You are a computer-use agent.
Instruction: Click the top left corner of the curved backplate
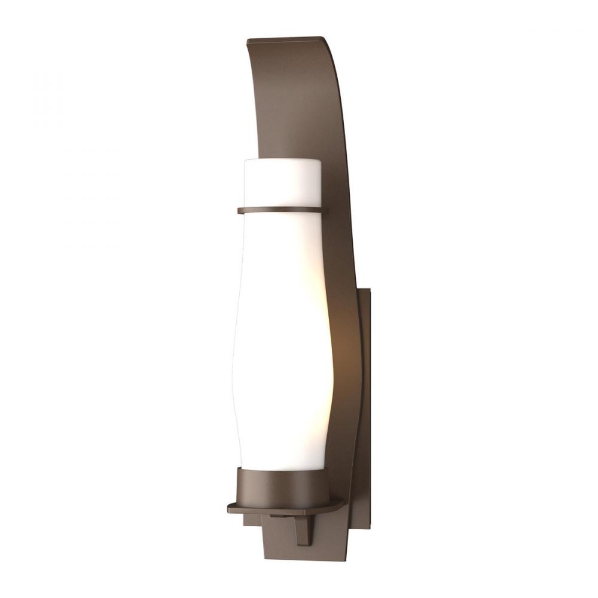pyautogui.click(x=248, y=41)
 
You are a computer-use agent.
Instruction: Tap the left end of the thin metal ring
pyautogui.click(x=239, y=210)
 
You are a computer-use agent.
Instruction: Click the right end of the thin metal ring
pyautogui.click(x=328, y=209)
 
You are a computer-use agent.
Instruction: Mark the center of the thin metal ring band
pyautogui.click(x=283, y=210)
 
